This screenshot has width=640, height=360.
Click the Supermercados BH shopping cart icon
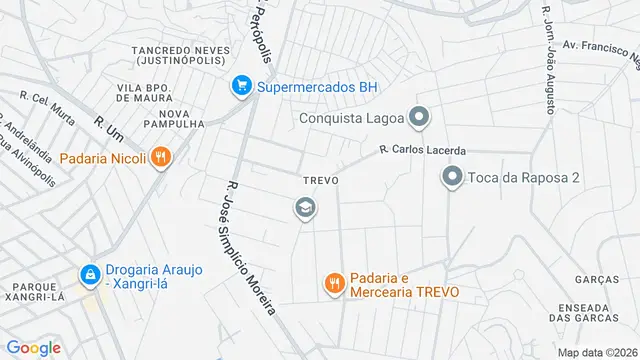point(241,87)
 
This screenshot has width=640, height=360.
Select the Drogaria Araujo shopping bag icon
point(90,273)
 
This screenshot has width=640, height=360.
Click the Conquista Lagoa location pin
point(419,119)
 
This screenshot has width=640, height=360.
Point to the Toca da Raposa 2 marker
point(452,179)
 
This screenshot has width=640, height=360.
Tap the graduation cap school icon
point(305,208)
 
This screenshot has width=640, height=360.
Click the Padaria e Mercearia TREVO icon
point(334,284)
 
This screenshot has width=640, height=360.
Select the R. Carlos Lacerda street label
point(422,151)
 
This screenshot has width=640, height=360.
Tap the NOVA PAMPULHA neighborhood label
point(174,118)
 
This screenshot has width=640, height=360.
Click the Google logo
point(34,347)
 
